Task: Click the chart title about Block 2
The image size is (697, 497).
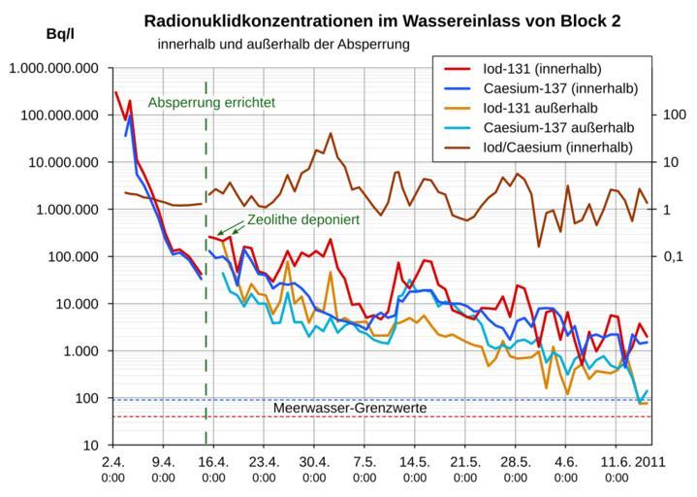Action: [x=382, y=20]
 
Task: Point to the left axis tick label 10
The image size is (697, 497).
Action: [x=94, y=446]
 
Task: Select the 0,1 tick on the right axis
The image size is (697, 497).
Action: [x=673, y=257]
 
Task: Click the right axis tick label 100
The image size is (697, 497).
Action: [x=674, y=116]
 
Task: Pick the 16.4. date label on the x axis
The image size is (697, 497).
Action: [x=213, y=462]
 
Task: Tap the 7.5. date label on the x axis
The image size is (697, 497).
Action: [x=364, y=462]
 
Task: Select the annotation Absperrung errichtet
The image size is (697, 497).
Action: [x=212, y=102]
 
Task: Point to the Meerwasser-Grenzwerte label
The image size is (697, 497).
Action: [x=350, y=409]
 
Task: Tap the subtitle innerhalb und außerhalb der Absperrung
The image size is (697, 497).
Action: [x=284, y=45]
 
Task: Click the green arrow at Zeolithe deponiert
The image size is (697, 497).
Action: [x=230, y=228]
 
